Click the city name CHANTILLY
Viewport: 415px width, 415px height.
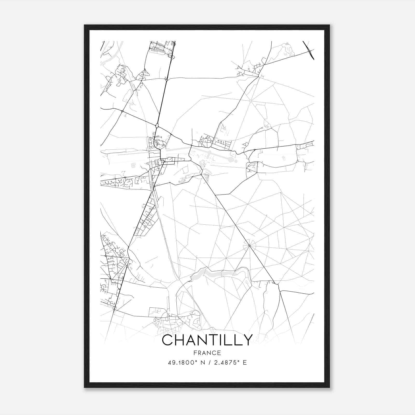(x=207, y=340)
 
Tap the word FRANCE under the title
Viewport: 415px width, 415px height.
(x=207, y=353)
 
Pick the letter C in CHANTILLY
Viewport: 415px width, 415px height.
(x=168, y=340)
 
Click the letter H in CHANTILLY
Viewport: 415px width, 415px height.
(x=180, y=340)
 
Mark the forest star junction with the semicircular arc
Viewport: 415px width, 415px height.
(x=249, y=245)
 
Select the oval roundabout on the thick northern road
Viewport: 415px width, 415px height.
(x=157, y=126)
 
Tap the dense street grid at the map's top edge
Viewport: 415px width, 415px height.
(x=162, y=47)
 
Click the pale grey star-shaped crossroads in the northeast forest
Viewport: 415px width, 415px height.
(x=251, y=101)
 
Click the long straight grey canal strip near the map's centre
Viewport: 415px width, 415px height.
(x=179, y=149)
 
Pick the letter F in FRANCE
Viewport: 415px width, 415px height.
(x=195, y=353)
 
